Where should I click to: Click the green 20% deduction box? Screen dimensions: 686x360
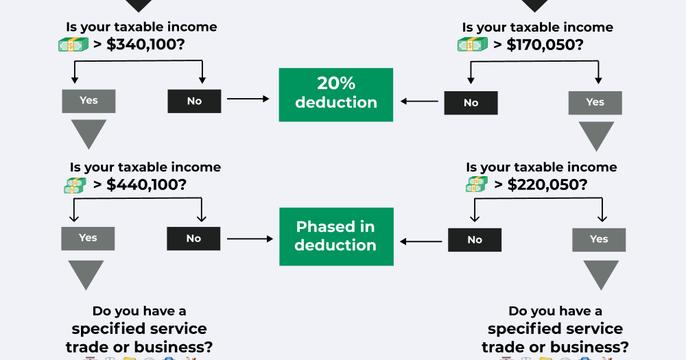[336, 95]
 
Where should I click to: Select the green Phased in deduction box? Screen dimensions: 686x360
[336, 237]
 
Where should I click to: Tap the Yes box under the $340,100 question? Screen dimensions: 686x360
[88, 101]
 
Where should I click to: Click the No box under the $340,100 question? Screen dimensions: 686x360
[194, 101]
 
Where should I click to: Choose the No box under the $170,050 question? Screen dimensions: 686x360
[471, 103]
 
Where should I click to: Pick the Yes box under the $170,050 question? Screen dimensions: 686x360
[595, 103]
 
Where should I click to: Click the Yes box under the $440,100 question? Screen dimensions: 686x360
[88, 239]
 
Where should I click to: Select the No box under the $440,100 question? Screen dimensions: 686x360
[193, 239]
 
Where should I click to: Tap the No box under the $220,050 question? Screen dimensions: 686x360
[475, 240]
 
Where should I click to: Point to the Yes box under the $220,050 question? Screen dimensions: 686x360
[599, 240]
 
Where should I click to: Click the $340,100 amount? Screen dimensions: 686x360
[145, 44]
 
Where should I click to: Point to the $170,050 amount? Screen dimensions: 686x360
[545, 45]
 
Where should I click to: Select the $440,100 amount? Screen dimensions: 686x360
[146, 184]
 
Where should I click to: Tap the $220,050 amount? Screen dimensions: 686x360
[547, 184]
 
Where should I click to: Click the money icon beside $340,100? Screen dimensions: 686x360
[73, 44]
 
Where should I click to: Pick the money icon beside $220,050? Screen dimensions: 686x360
[477, 184]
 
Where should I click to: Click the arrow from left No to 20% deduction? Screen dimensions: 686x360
[248, 99]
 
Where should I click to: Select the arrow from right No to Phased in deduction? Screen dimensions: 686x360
[421, 241]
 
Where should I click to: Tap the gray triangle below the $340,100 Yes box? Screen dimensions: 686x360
[88, 134]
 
